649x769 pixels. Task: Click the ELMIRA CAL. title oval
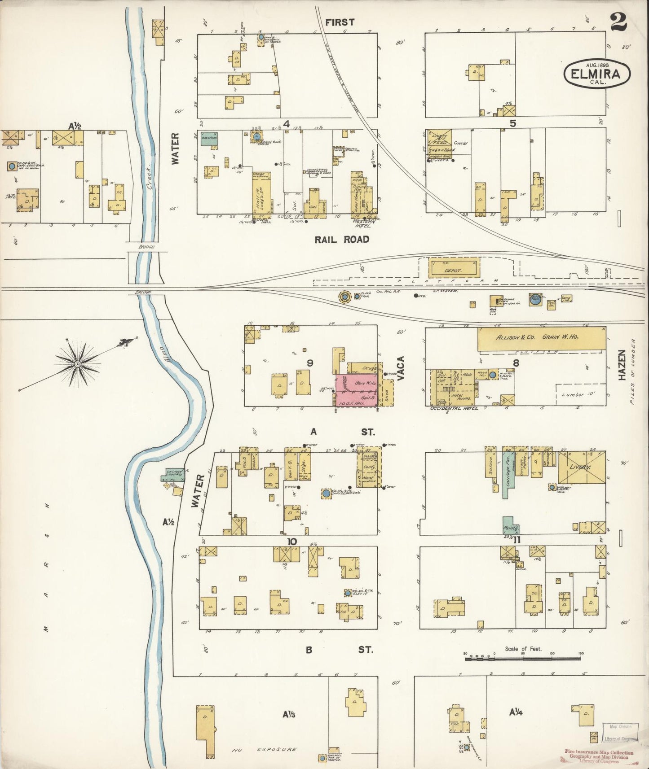coord(597,74)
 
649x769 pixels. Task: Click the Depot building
coord(454,267)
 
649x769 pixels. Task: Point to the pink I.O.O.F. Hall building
coord(357,390)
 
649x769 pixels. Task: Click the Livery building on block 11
coord(581,467)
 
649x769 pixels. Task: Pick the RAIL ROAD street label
coord(342,240)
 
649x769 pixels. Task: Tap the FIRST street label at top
coord(340,22)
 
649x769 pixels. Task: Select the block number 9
coord(309,363)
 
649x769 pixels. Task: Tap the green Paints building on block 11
coord(511,525)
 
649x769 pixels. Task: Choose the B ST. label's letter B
coord(309,650)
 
